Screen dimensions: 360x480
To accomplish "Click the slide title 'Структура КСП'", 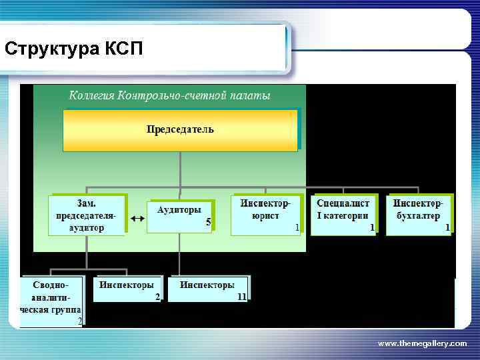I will coord(73,49).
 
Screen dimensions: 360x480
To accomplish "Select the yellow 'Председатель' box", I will coord(180,130).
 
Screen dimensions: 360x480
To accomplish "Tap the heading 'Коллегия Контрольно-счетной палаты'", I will coord(170,95).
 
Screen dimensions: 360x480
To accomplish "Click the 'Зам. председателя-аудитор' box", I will coord(87,214).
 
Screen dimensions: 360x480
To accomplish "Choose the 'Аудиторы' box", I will coord(179,215).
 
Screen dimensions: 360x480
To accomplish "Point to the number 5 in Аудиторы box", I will coord(208,223).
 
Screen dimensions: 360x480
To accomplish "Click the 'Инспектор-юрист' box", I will coord(265,214).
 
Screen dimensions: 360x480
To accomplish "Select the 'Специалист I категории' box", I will coord(344,214).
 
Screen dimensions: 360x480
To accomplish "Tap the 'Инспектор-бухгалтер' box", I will coord(419,214).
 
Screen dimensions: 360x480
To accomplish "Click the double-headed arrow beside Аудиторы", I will coord(138,219).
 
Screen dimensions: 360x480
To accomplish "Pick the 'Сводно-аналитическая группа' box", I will coord(51,301).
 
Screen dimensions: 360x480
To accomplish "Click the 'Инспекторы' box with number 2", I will coord(127,289).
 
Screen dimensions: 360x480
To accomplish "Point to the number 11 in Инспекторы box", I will coord(241,296).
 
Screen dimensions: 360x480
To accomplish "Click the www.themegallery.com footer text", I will coord(422,343).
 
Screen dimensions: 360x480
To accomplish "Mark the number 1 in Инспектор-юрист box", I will coord(297,227).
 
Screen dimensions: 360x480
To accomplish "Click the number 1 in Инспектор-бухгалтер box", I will coord(448,227).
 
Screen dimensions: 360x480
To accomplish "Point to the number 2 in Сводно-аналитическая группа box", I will coord(80,321).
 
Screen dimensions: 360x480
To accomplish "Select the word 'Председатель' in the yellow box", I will coord(180,129).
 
